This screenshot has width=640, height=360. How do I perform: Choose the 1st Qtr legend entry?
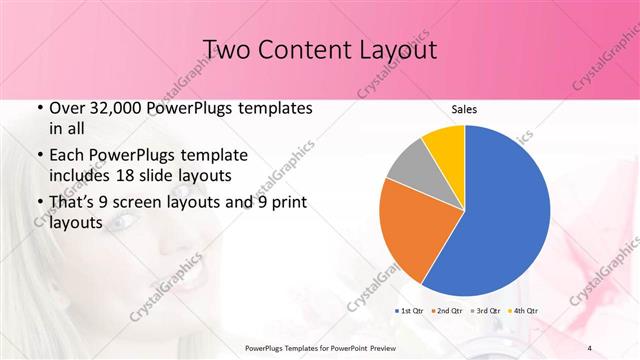(x=412, y=311)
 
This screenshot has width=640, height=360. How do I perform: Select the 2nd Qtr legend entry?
(x=447, y=311)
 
